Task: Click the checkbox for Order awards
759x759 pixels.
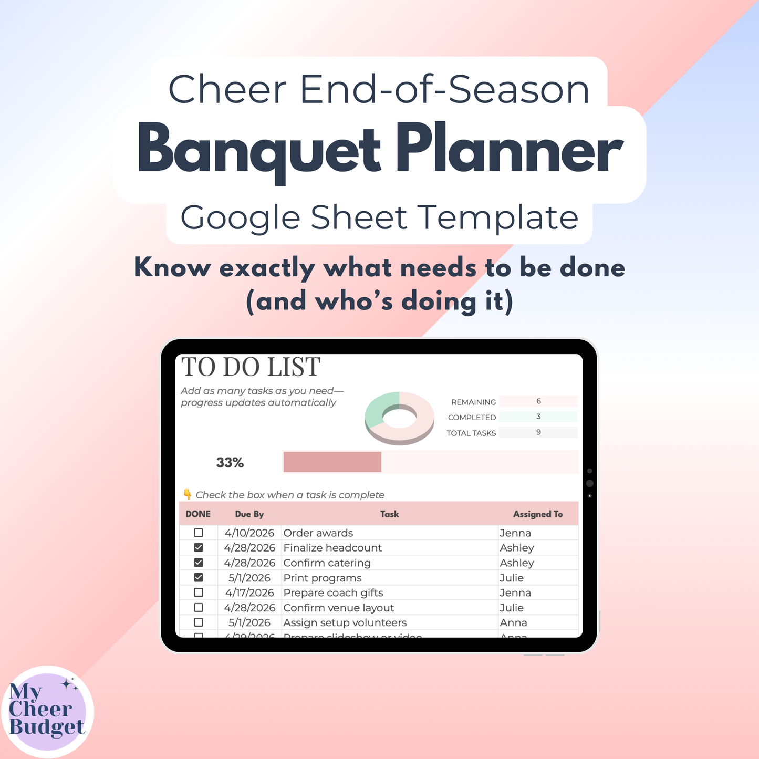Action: click(x=199, y=533)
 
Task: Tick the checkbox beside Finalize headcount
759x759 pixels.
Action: click(x=199, y=547)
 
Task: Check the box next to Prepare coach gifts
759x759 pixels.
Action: click(x=199, y=592)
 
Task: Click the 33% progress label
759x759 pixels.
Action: click(x=230, y=463)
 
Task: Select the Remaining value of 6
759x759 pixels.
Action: click(x=538, y=401)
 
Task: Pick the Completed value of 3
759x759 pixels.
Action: click(x=538, y=417)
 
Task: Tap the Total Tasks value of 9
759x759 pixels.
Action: click(x=538, y=432)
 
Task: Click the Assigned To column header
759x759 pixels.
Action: click(x=538, y=514)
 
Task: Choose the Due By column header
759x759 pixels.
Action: click(x=249, y=514)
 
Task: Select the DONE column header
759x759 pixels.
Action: click(x=198, y=514)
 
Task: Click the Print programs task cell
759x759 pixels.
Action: click(x=323, y=578)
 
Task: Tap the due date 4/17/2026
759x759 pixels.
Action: click(x=249, y=592)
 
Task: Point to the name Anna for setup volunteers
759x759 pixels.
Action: click(x=513, y=622)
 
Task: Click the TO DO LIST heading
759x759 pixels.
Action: click(x=251, y=367)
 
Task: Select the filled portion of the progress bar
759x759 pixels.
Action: click(x=332, y=462)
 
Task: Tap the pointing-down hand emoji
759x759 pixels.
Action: click(x=188, y=494)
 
